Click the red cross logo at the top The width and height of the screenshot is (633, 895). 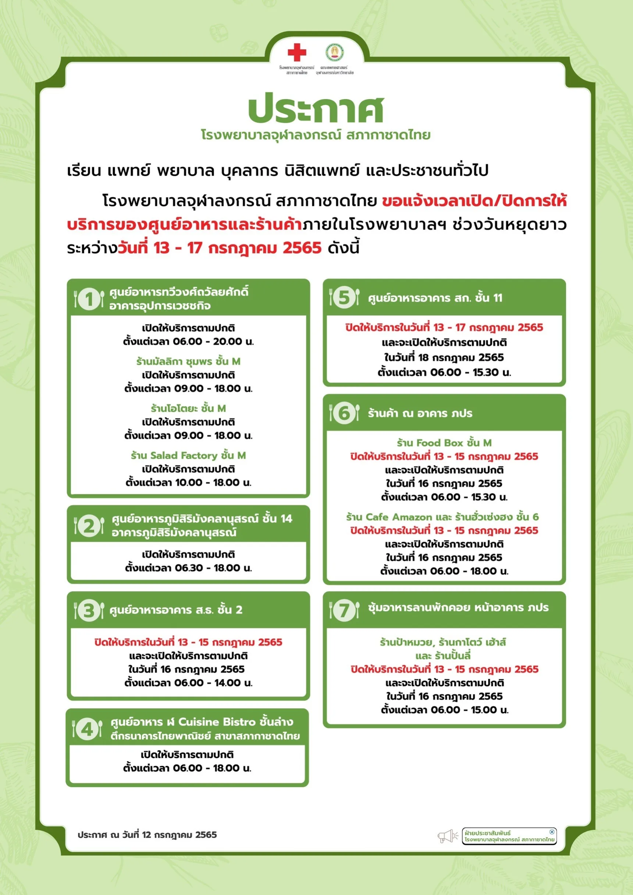point(297,52)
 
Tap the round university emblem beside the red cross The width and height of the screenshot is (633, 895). point(334,52)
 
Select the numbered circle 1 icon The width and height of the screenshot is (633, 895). point(89,299)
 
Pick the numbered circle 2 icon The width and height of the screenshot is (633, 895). point(89,526)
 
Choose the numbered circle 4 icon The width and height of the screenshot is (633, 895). point(88,728)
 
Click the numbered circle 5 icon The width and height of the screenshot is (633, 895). point(344,297)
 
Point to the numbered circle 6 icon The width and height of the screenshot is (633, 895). point(344,413)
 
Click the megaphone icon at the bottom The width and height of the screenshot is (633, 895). point(447,836)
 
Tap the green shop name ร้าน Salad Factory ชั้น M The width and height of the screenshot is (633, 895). point(188,455)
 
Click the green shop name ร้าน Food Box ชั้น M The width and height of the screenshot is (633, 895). point(444,443)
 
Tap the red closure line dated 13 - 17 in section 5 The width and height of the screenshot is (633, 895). point(444,327)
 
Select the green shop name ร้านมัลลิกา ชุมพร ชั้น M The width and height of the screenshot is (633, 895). point(188,361)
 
